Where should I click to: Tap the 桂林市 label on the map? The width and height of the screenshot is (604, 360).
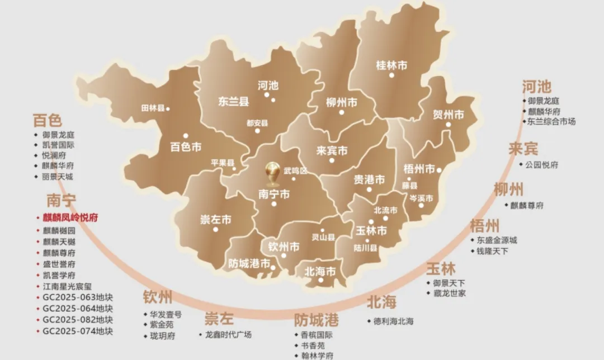(x=391, y=65)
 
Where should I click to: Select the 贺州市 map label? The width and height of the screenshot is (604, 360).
(x=449, y=115)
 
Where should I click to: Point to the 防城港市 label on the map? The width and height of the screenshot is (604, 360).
(x=249, y=263)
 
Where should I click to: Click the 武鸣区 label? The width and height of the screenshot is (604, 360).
(x=295, y=170)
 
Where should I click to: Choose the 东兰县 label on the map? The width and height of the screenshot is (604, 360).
(x=233, y=102)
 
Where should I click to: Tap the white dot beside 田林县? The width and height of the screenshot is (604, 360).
(x=168, y=108)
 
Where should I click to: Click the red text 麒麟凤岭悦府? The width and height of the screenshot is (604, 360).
(x=70, y=217)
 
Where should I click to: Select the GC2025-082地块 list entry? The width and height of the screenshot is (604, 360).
(x=78, y=320)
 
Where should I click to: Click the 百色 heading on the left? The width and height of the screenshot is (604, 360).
(x=48, y=120)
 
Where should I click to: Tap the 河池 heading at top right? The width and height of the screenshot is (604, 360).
(x=537, y=87)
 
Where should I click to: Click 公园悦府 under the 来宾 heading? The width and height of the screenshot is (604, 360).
(x=542, y=165)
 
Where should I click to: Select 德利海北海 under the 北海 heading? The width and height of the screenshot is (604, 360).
(x=394, y=321)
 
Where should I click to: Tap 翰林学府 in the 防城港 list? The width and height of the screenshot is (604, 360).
(x=317, y=356)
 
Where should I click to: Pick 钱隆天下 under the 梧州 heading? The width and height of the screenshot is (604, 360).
(x=492, y=251)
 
